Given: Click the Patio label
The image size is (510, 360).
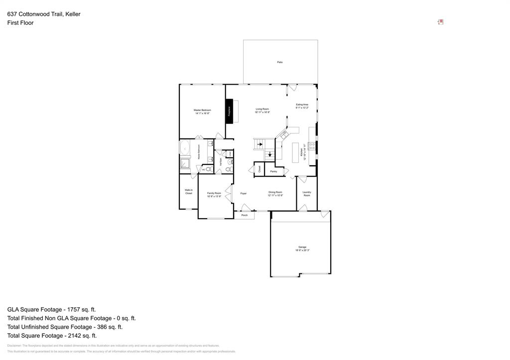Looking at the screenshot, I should [280, 62].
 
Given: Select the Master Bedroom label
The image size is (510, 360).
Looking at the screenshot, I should [202, 112].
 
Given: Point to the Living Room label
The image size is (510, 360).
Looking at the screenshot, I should [262, 111].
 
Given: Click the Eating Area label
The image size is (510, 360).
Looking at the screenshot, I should [302, 106].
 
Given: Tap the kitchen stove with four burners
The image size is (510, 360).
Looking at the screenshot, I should [312, 146].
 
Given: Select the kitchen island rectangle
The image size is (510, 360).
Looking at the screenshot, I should [294, 152].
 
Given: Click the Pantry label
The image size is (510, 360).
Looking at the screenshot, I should [273, 171].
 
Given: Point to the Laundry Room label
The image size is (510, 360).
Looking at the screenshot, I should [307, 194].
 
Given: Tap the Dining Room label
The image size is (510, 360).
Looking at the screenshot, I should [275, 194].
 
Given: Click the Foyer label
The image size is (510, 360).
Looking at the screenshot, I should [244, 193].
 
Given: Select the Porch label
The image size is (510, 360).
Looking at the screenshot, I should [245, 215].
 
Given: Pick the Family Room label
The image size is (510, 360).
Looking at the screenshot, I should [214, 195].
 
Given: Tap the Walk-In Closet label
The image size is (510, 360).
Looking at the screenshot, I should [189, 191].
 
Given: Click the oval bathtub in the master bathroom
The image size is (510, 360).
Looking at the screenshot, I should [185, 148].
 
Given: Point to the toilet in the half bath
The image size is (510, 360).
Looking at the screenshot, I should [228, 170].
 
